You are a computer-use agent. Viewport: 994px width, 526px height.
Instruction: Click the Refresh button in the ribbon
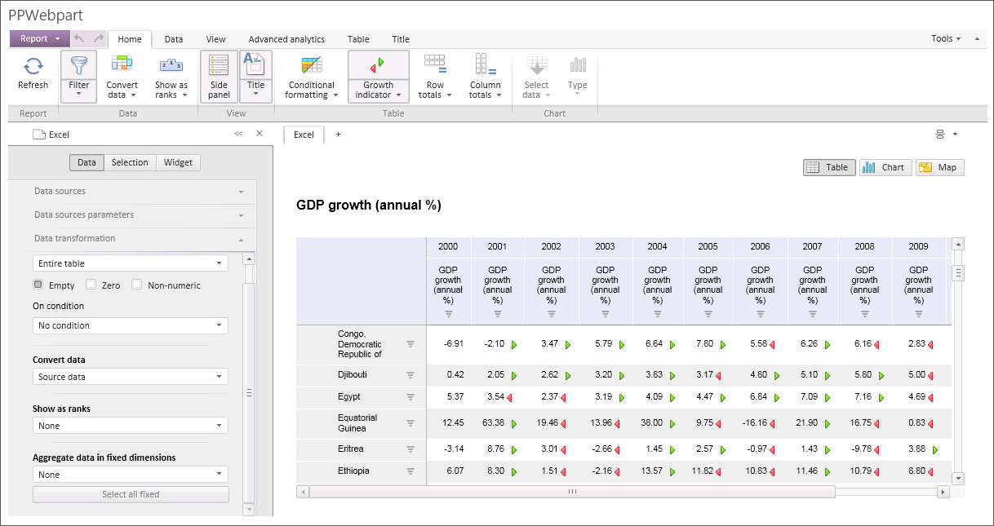pos(33,73)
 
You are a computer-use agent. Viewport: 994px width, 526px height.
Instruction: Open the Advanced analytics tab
pos(286,39)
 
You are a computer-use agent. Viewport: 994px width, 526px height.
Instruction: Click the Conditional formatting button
pos(310,77)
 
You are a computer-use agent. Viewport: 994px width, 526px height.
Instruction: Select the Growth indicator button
pos(378,77)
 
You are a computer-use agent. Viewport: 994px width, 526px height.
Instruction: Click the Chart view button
pos(885,167)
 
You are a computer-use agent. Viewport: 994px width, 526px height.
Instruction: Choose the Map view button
pos(939,167)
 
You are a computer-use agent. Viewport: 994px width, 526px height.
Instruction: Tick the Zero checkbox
pos(91,285)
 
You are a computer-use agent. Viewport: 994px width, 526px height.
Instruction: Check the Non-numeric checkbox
pos(137,285)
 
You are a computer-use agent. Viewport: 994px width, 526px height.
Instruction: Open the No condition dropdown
pos(131,325)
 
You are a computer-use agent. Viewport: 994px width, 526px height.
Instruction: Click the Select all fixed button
pos(131,494)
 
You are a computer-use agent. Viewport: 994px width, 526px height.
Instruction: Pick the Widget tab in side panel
pos(178,162)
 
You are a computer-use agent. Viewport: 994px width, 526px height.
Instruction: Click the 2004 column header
pos(657,246)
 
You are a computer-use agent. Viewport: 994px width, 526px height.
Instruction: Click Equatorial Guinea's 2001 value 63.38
pos(493,423)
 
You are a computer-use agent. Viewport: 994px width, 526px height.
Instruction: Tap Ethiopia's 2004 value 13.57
pos(653,471)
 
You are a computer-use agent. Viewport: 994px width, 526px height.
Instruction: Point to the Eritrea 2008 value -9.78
pos(862,449)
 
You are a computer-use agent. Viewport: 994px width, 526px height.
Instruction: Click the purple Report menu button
pos(39,38)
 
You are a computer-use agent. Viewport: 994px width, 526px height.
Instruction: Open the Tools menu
pos(946,38)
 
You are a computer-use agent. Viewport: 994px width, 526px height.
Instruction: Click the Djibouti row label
pos(353,375)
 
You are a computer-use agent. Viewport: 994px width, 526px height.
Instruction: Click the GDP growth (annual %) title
pos(368,206)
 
